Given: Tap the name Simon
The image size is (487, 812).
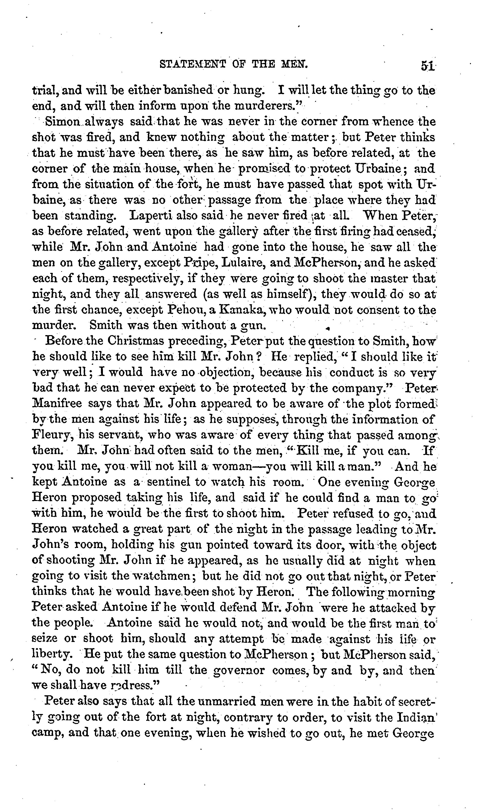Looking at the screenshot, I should [x=62, y=122].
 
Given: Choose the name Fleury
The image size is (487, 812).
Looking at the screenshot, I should [x=51, y=435].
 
